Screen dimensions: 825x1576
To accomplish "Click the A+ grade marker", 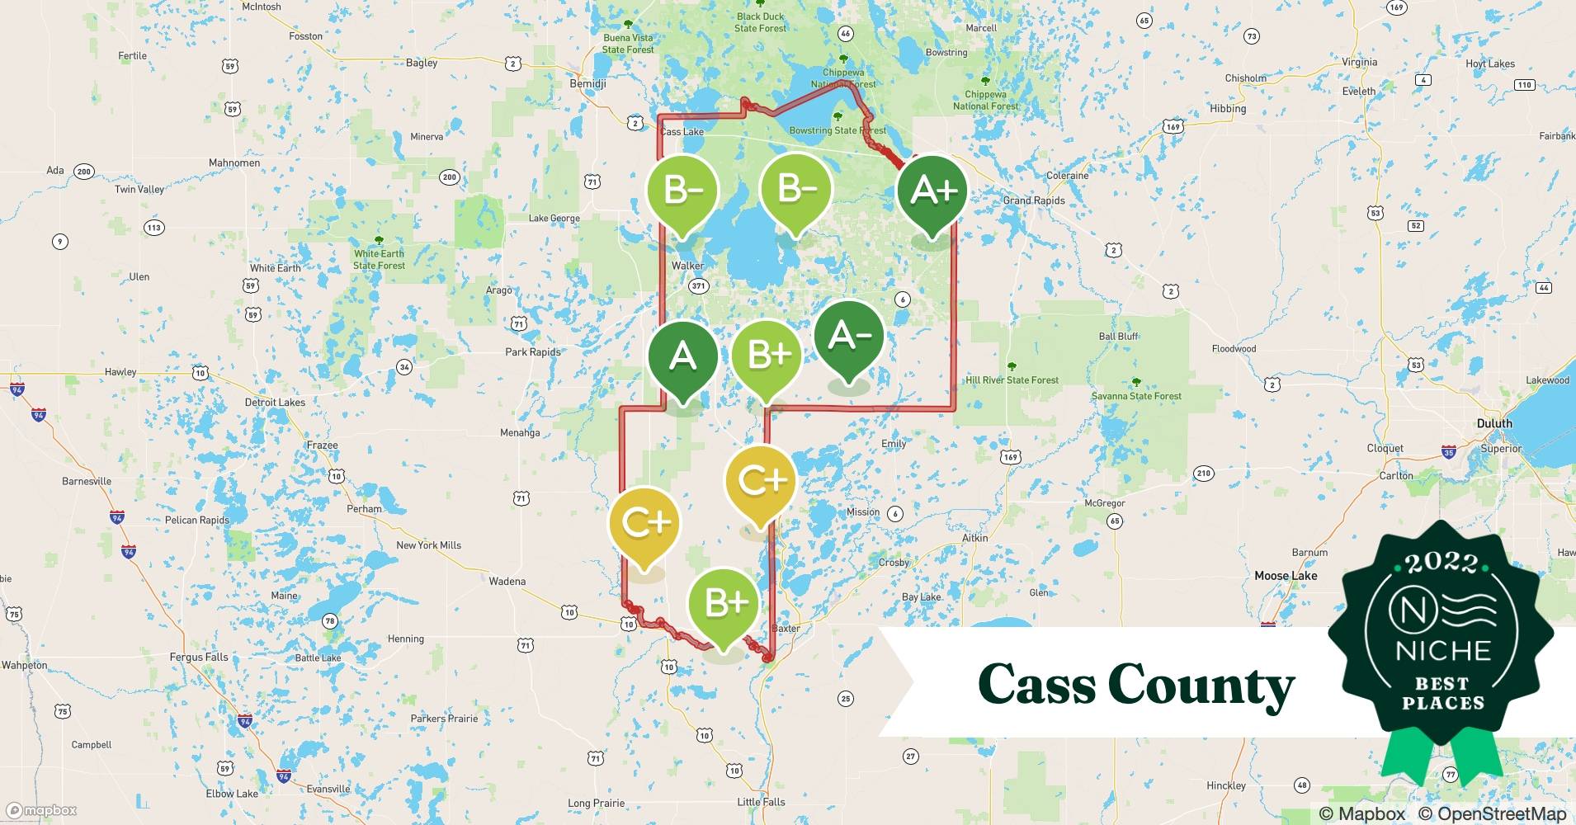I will [x=932, y=191].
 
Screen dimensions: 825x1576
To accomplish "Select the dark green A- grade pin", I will [x=848, y=337].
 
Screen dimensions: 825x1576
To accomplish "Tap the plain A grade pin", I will [x=682, y=356].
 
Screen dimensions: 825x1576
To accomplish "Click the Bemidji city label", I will [x=587, y=84].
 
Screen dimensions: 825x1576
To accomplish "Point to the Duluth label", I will [x=1494, y=423].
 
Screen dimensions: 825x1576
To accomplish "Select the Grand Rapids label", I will [x=1033, y=200].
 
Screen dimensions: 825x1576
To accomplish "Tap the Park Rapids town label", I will [x=532, y=352].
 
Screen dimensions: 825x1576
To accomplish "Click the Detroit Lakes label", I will [x=275, y=403].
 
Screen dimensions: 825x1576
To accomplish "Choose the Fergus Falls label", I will [x=199, y=658].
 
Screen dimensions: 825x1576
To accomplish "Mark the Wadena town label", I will [x=507, y=582].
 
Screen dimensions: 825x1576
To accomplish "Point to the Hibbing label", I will [x=1228, y=109].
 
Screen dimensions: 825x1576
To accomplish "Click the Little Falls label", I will [x=761, y=802].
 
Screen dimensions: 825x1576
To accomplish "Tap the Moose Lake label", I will [x=1286, y=576].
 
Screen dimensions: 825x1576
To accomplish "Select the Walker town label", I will [x=687, y=266].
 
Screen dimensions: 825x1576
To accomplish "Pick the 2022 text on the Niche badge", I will [x=1442, y=563].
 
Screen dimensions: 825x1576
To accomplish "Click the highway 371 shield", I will [x=699, y=286].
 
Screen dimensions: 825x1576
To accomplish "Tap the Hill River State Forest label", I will [x=1012, y=380].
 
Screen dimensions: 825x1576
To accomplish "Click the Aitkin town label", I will [x=974, y=538].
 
